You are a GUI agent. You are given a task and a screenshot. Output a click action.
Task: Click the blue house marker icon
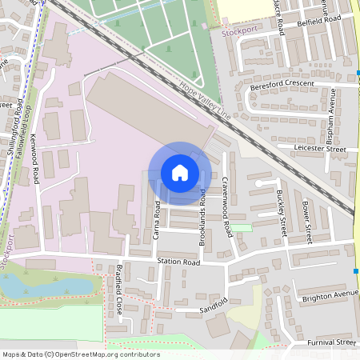coord(180,173)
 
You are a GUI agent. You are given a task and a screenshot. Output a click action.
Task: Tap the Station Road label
coord(178,262)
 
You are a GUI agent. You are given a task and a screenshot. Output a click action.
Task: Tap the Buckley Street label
coord(281,214)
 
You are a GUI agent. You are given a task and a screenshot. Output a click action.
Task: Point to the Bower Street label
coord(306,221)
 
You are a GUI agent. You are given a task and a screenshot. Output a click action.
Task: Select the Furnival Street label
coord(331,342)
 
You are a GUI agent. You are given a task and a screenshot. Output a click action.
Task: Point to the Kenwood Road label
coord(35,161)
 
